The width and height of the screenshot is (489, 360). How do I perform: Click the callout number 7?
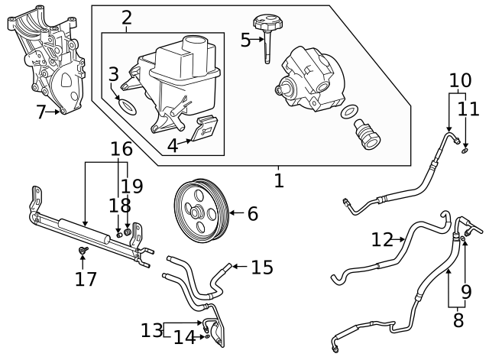pyautogui.click(x=41, y=112)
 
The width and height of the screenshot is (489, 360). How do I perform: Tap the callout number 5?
pyautogui.click(x=244, y=40)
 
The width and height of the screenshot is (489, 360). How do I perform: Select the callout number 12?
pyautogui.click(x=382, y=239)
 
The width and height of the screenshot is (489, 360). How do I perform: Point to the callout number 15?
pyautogui.click(x=262, y=268)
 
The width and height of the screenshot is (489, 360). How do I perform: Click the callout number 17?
pyautogui.click(x=86, y=278)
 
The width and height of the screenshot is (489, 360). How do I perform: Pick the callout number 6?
pyautogui.click(x=252, y=214)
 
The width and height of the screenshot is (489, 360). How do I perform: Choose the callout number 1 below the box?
pyautogui.click(x=279, y=180)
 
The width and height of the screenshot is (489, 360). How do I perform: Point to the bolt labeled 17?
pyautogui.click(x=83, y=250)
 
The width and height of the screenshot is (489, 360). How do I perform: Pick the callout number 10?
pyautogui.click(x=460, y=79)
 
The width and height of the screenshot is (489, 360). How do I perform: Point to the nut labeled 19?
pyautogui.click(x=128, y=232)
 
